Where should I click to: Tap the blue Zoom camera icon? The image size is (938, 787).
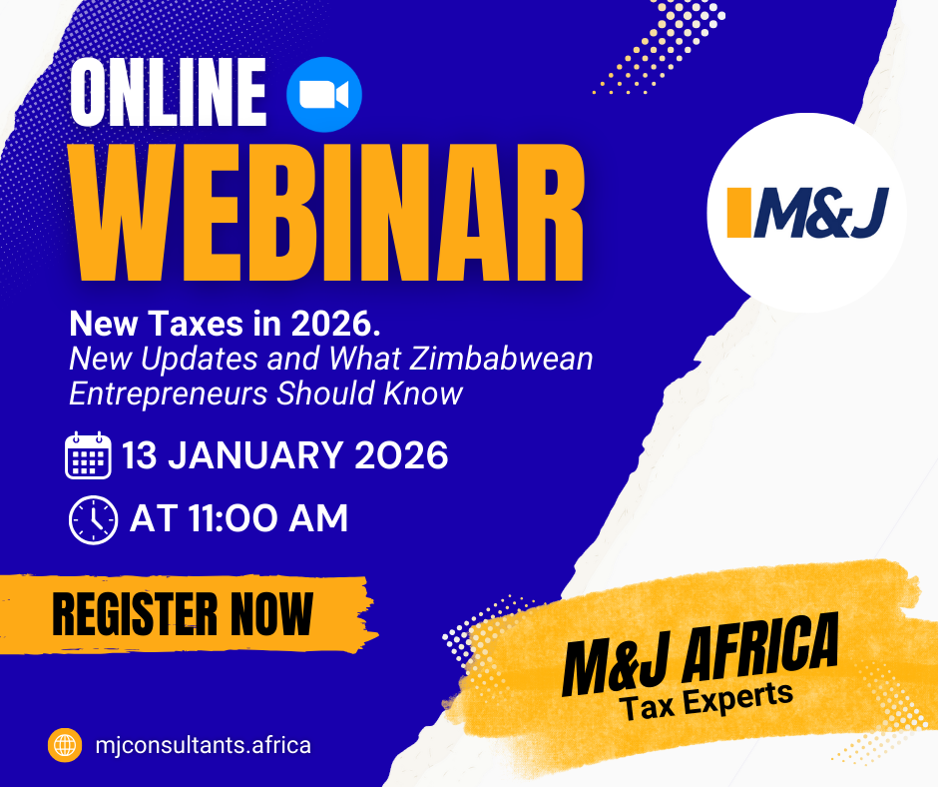[x=323, y=95]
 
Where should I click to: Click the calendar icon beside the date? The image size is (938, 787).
[x=88, y=456]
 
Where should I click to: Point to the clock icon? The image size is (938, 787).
[x=93, y=520]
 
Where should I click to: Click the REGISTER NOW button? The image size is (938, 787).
[x=183, y=611]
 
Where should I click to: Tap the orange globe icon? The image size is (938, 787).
[x=65, y=745]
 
